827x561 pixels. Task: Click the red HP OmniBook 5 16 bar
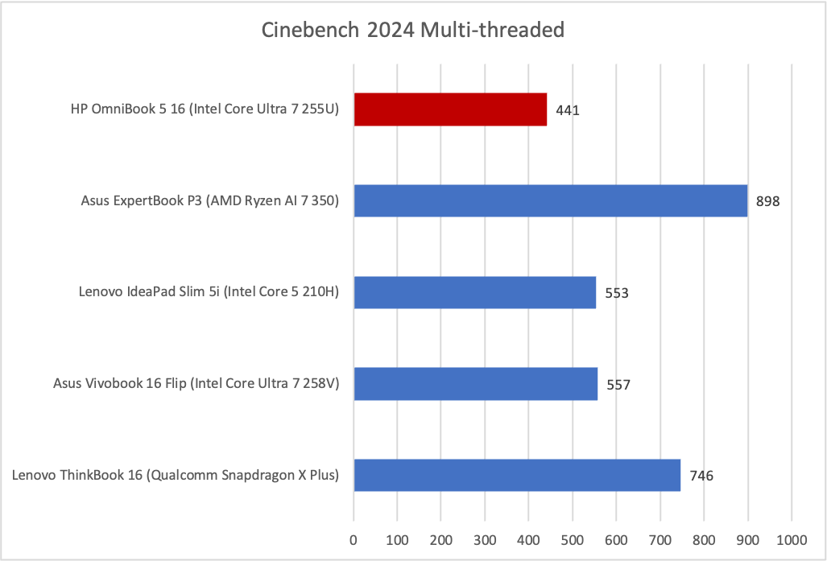click(450, 109)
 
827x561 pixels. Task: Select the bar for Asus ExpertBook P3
click(551, 200)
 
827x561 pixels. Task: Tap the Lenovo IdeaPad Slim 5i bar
click(475, 292)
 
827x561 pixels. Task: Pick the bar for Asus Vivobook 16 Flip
click(476, 384)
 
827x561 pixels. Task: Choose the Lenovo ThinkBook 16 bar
click(517, 475)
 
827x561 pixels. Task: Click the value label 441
click(567, 110)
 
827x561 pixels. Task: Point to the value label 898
click(768, 201)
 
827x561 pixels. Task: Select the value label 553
click(616, 293)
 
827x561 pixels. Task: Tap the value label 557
click(618, 385)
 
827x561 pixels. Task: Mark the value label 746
click(701, 476)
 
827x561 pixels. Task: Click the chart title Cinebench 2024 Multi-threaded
click(413, 31)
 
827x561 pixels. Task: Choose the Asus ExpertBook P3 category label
click(209, 201)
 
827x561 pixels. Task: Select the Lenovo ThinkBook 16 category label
click(176, 476)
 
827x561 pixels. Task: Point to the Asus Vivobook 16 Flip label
click(196, 384)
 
